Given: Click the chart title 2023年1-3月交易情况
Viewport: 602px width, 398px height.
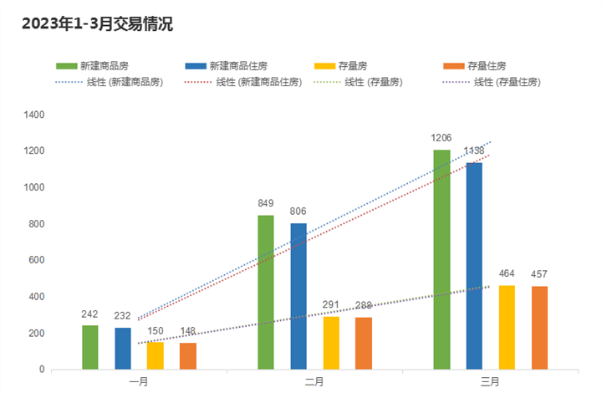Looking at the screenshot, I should (97, 24).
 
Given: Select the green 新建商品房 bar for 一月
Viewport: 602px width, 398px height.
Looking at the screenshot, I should (90, 347).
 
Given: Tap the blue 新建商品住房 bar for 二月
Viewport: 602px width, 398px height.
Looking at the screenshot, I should (298, 296).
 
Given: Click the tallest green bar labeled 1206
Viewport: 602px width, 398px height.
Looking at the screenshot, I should (441, 259).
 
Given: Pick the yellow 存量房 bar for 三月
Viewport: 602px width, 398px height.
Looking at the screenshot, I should (507, 327).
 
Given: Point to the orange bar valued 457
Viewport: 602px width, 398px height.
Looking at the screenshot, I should (539, 328).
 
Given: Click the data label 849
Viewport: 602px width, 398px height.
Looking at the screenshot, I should (266, 202).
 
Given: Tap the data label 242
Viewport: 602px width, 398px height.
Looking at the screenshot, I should (90, 314).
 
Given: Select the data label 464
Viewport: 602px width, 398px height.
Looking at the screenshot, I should (508, 273).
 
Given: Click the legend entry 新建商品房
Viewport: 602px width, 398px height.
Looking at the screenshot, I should (103, 65).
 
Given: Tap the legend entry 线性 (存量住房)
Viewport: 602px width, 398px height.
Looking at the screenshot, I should (507, 82).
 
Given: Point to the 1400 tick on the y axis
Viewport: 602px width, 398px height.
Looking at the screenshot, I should (34, 115).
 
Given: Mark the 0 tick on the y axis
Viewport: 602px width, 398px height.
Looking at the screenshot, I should (42, 370).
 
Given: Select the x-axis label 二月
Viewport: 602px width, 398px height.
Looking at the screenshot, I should (314, 382).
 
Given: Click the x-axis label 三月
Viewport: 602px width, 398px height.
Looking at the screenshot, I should (490, 382).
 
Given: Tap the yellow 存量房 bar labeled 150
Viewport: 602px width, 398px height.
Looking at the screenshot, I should (156, 355).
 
